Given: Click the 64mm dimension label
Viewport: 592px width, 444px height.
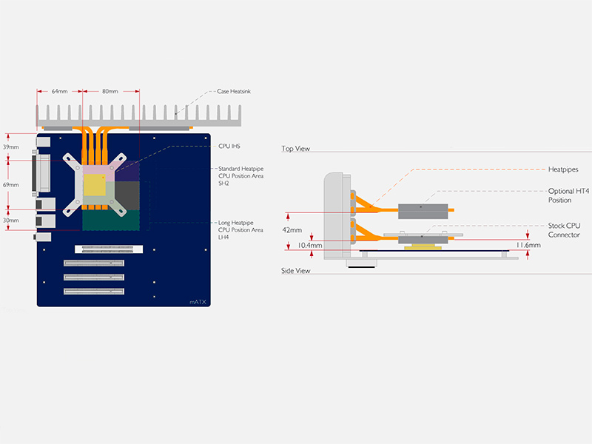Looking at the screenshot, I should pos(59,92).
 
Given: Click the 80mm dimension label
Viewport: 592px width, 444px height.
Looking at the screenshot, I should pos(110,92).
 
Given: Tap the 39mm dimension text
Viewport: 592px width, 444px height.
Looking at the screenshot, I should pos(10,147).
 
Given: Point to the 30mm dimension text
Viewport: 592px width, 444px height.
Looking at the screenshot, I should pos(10,220).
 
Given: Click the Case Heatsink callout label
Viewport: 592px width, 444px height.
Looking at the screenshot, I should pos(234,92).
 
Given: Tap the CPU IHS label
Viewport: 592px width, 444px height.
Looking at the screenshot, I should pos(230,147).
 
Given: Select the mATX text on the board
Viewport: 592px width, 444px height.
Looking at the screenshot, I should pos(198,301).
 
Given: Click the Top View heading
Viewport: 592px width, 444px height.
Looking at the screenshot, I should pos(295,149).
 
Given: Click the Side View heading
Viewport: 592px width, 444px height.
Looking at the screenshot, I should pos(296,271).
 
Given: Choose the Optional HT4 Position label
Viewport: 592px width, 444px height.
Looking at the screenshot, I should pos(564,195).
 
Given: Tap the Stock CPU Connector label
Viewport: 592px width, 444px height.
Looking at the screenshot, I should pos(563,230).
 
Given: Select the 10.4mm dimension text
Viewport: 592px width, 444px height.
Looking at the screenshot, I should pos(310,245).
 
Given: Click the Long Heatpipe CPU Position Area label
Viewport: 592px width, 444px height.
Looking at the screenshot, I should pos(240,229).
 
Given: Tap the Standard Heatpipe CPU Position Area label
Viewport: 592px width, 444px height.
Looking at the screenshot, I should pos(240,175).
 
